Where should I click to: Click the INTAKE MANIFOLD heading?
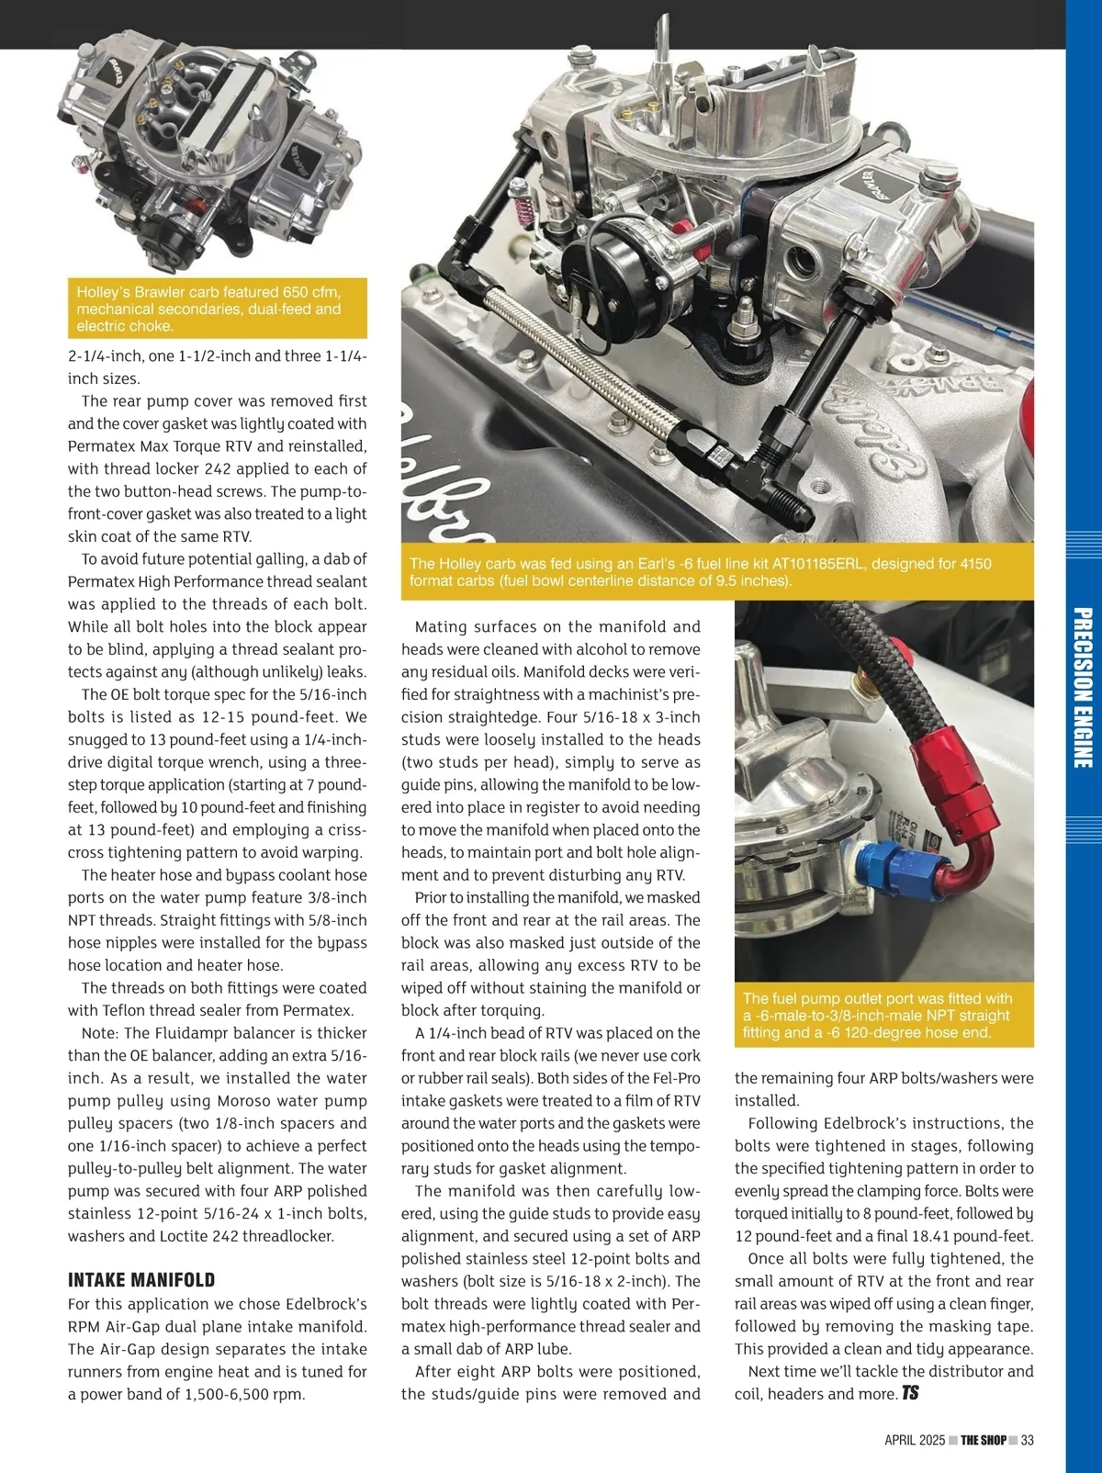coord(141,1280)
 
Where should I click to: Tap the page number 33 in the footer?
coord(1028,1440)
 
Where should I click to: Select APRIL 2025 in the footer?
coord(914,1440)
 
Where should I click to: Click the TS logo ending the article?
coord(910,1393)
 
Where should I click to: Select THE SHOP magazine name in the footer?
coord(984,1440)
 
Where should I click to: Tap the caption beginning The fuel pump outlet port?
coord(877,1015)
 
